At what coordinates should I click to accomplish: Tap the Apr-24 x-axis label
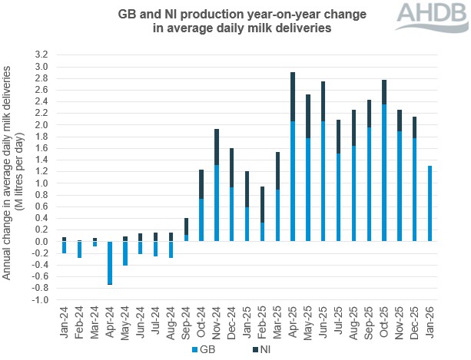(110, 323)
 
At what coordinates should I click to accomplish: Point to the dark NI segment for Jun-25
(323, 101)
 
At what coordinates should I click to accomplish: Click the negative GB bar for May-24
(125, 253)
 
